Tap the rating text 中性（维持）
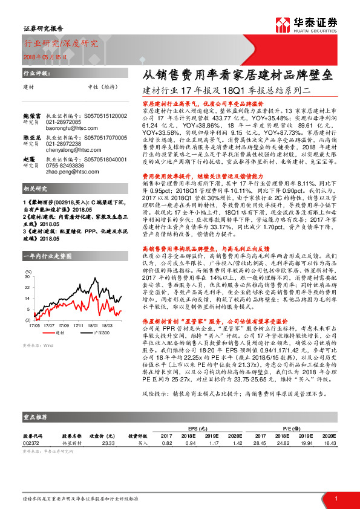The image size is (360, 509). click(102, 87)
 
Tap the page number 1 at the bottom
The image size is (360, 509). click(335, 498)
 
